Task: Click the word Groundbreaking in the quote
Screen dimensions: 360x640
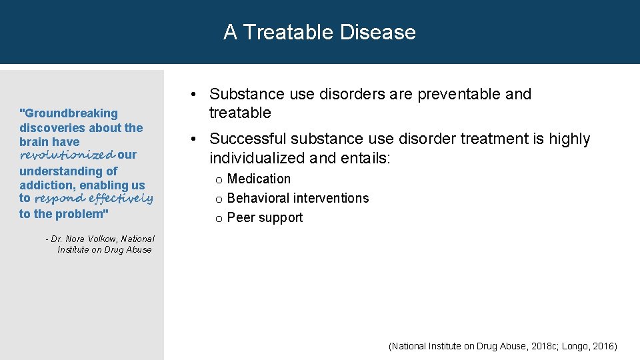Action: pos(71,114)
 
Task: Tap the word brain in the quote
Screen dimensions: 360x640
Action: pos(33,142)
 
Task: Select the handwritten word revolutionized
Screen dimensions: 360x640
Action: pos(67,155)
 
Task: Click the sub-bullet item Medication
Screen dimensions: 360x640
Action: pos(259,179)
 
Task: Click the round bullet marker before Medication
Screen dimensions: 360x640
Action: pos(218,180)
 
